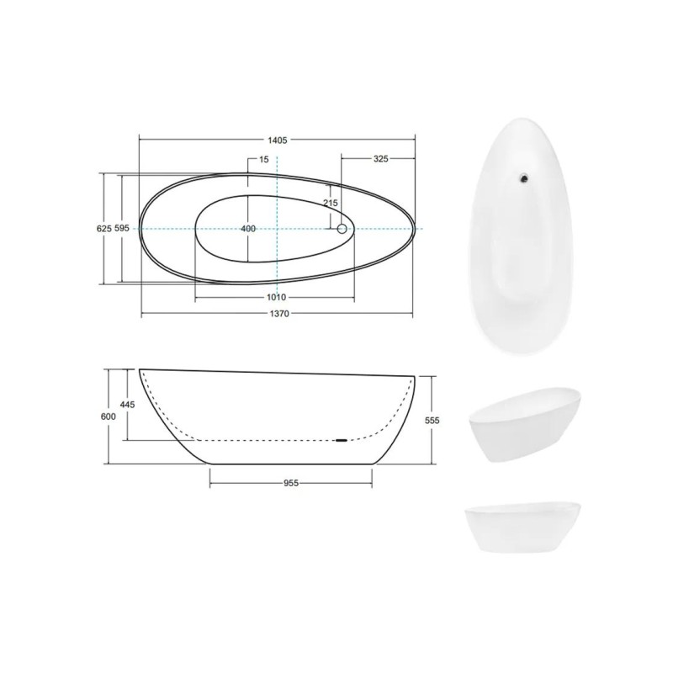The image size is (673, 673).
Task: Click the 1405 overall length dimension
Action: tap(278, 140)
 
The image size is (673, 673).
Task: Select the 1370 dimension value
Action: tap(279, 314)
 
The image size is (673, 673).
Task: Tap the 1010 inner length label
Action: tap(277, 297)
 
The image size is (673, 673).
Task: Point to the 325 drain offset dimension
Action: tap(381, 159)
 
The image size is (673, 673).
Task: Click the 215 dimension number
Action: tap(331, 203)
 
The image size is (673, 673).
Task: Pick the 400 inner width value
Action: tap(248, 229)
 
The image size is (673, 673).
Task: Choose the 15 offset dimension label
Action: tap(264, 159)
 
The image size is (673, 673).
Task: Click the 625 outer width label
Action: tap(104, 229)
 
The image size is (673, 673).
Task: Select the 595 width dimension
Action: tap(122, 228)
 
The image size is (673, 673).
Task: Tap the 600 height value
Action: tap(109, 416)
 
